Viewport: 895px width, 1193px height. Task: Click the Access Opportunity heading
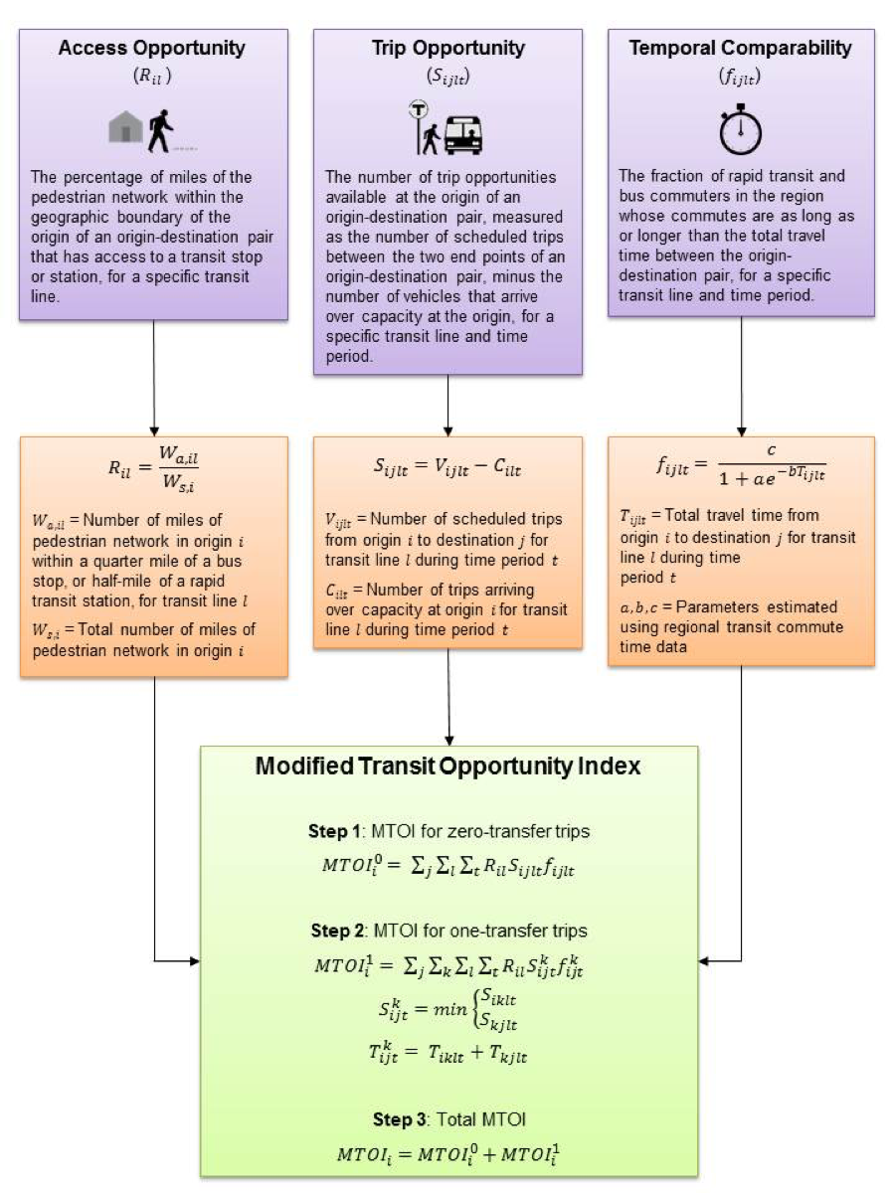(x=153, y=48)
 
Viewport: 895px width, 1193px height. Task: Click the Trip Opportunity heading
(x=448, y=48)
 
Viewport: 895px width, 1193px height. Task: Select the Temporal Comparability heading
(x=740, y=48)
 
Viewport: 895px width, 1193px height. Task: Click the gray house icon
(x=126, y=128)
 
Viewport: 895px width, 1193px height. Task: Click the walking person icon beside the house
(x=159, y=129)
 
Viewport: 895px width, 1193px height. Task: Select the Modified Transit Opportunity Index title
(x=448, y=767)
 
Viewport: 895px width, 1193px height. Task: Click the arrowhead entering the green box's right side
(x=705, y=961)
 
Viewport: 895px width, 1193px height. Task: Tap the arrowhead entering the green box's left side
(x=194, y=961)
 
